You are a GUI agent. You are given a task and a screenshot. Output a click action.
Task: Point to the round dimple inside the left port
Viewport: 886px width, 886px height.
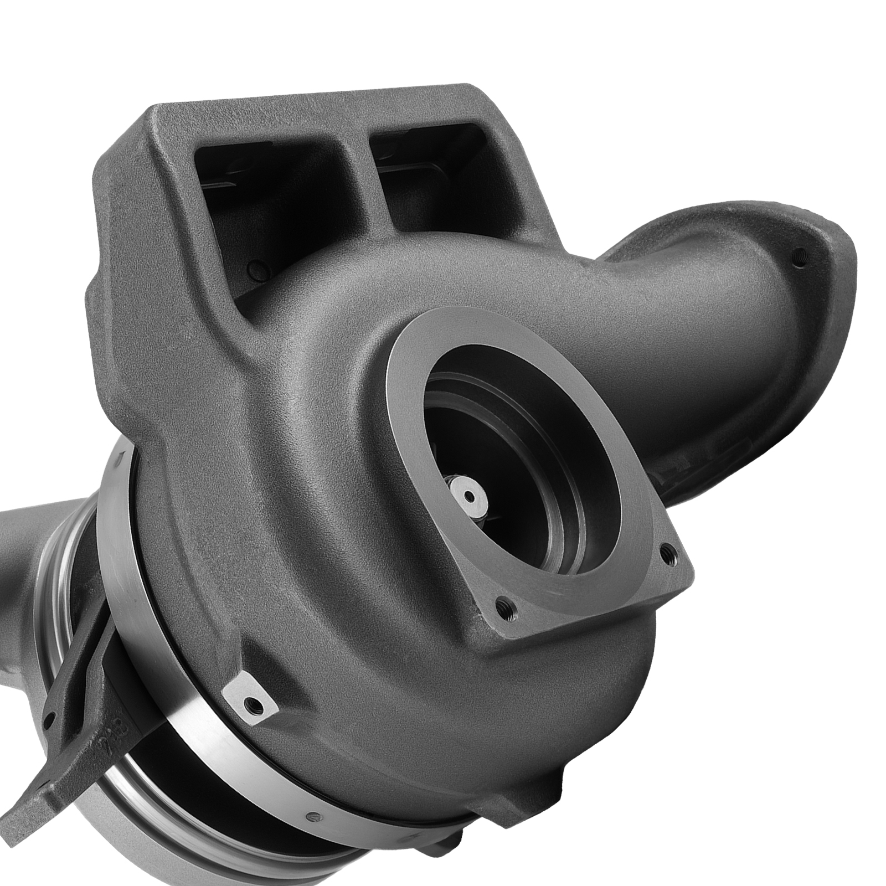pyautogui.click(x=254, y=270)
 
